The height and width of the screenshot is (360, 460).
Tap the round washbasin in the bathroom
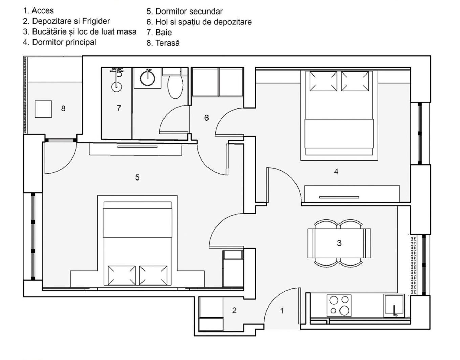point(148,78)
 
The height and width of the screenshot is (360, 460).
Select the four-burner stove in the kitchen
point(339,305)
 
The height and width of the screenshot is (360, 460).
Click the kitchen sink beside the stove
point(394,305)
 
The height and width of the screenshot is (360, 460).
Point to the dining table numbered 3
point(339,243)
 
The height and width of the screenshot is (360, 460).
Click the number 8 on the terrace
point(63,109)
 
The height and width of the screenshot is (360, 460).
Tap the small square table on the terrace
point(43,109)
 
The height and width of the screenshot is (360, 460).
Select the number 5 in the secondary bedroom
point(137,177)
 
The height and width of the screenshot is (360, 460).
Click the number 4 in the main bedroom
point(336,171)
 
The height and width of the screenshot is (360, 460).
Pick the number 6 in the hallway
point(206,118)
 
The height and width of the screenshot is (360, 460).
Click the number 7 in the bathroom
point(119,108)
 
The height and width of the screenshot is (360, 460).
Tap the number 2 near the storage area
point(234,310)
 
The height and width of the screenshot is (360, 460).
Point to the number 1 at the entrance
point(282,311)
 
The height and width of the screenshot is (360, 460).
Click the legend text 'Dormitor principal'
point(64,42)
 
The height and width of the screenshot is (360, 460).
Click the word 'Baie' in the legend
point(163,33)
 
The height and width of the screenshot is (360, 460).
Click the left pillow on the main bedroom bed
point(323,81)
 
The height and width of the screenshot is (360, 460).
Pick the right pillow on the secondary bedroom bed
point(153,275)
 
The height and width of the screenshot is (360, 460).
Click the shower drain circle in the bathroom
point(117,87)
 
